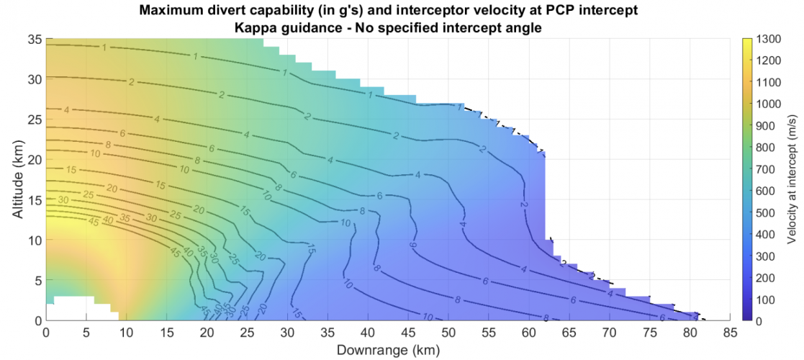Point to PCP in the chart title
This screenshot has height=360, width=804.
pyautogui.click(x=563, y=10)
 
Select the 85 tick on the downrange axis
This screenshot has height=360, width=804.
pyautogui.click(x=731, y=332)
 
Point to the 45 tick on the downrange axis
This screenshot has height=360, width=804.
pyautogui.click(x=408, y=332)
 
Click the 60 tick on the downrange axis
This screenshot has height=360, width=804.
pyautogui.click(x=529, y=332)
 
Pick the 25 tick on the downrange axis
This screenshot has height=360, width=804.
pyautogui.click(x=248, y=332)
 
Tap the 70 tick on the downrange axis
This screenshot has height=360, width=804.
pyautogui.click(x=610, y=332)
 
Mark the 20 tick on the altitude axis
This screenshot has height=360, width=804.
pyautogui.click(x=33, y=158)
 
